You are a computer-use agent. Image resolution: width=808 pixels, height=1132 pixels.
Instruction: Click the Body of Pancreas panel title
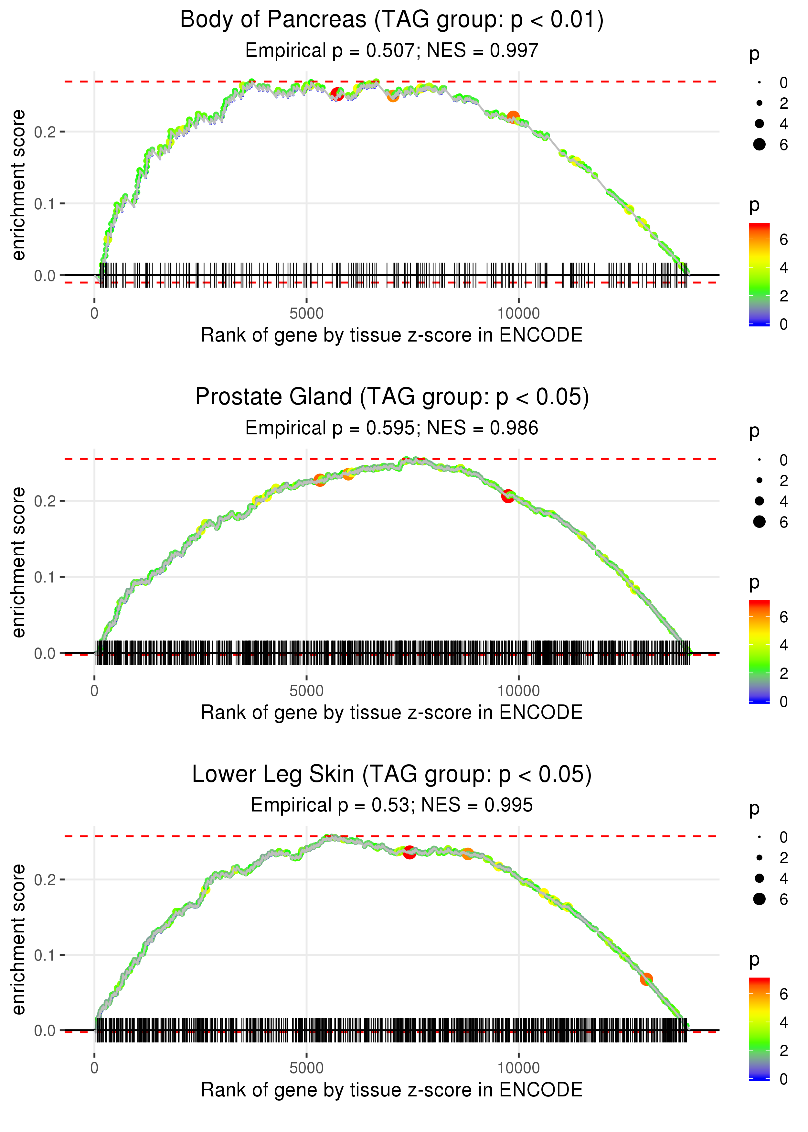point(392,20)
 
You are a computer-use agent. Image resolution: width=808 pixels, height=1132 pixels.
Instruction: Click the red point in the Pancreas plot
point(337,94)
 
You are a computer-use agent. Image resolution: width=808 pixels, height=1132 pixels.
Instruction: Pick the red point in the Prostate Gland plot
point(507,496)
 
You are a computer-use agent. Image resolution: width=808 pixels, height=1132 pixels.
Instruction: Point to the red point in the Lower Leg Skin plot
point(409,852)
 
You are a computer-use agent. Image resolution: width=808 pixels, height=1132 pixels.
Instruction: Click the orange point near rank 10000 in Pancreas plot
point(513,117)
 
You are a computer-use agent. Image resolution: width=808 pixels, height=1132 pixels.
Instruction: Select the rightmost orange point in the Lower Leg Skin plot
point(646,979)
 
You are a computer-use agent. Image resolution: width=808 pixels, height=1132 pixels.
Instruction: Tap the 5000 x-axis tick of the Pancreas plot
point(306,314)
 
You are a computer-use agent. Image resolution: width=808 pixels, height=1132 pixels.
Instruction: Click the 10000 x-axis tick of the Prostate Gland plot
point(518,691)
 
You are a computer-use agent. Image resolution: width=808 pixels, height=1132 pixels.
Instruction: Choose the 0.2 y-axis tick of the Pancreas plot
point(45,132)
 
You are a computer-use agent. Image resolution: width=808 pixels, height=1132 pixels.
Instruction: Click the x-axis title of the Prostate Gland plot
point(392,713)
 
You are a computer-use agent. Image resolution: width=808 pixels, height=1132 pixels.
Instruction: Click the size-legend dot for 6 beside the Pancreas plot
point(759,144)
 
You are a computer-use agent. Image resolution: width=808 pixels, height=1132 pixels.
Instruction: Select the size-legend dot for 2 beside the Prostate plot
point(759,480)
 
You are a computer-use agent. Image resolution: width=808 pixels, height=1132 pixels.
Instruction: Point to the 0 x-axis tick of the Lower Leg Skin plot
point(94,1068)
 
